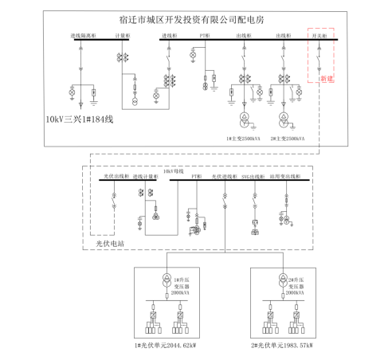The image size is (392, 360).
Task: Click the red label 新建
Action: click(324, 79)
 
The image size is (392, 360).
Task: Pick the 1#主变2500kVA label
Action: click(242, 137)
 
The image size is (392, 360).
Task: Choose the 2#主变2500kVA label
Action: click(286, 137)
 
